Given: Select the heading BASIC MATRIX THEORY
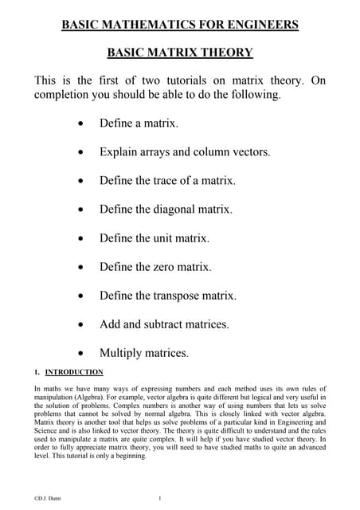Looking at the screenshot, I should (x=180, y=53).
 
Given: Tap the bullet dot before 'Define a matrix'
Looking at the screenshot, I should (x=83, y=124).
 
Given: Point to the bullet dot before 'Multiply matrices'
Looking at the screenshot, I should (x=83, y=354).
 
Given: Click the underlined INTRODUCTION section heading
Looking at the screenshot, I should (x=74, y=372).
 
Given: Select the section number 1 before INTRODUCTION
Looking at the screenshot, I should (x=37, y=372).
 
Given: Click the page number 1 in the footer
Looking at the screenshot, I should (x=160, y=499).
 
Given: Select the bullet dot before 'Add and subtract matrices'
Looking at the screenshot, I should (x=83, y=325).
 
